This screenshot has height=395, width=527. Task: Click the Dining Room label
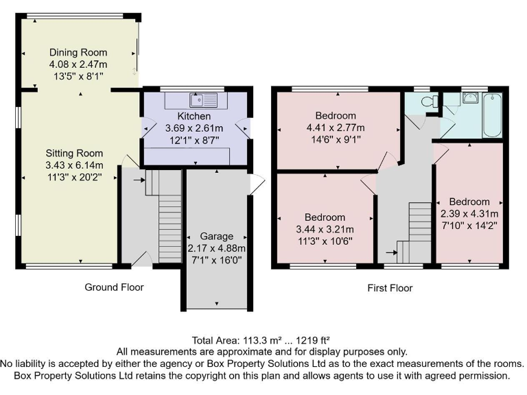click(78, 52)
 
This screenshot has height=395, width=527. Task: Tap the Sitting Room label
click(74, 153)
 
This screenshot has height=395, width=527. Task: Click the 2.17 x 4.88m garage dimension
click(216, 248)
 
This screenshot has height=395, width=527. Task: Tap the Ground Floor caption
click(114, 287)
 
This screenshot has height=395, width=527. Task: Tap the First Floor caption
click(389, 288)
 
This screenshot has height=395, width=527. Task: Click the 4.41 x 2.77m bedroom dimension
click(336, 127)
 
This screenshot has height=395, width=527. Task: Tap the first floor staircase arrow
click(391, 252)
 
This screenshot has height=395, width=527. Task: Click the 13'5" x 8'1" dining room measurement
click(78, 77)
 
